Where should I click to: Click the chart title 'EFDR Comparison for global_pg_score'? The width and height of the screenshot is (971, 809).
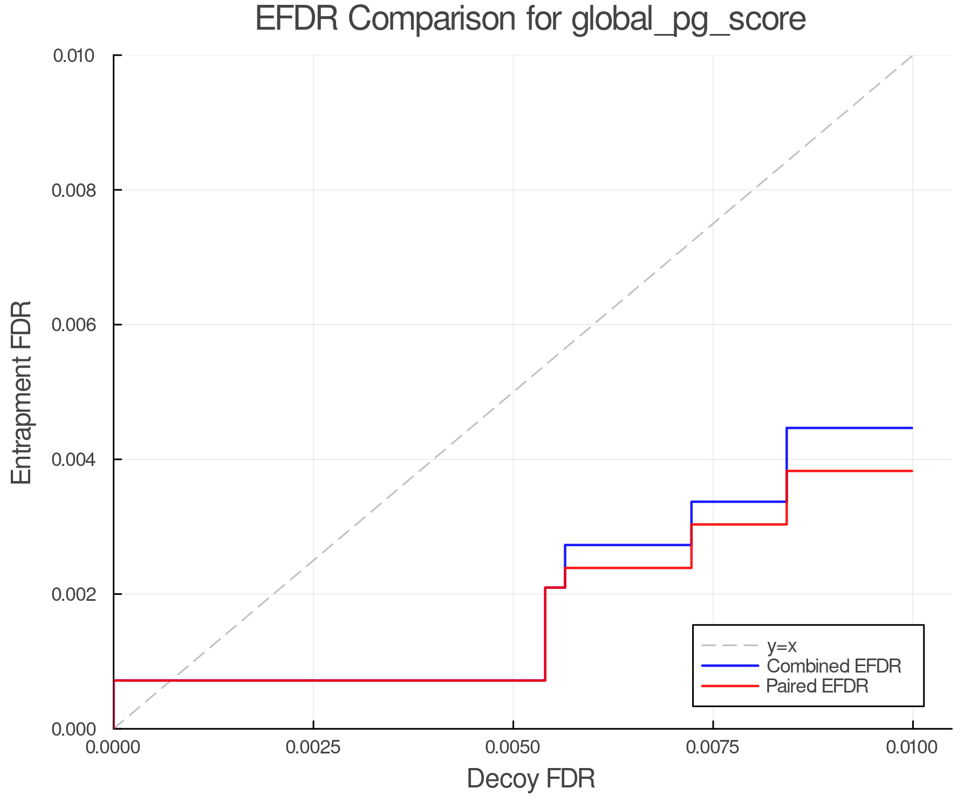coord(530,19)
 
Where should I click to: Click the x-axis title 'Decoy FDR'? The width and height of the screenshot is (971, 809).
coord(531,779)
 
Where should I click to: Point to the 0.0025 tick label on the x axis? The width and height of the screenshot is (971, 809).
coord(313,747)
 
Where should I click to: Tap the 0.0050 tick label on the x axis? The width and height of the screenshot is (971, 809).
coord(512,747)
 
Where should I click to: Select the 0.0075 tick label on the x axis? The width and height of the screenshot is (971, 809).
coord(713,747)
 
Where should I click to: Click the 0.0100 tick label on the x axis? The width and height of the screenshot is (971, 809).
coord(912,747)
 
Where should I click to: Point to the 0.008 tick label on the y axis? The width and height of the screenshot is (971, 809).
coord(79,190)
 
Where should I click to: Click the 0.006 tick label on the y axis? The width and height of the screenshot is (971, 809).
coord(79,325)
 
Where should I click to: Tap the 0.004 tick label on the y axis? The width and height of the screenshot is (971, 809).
coord(79,460)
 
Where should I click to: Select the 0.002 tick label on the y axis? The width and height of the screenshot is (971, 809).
coord(79,594)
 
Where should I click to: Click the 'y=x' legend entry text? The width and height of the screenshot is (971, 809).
coord(782,646)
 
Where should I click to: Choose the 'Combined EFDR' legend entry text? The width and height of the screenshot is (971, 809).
coord(833,666)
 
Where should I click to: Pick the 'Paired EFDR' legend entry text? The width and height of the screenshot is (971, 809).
coord(817,686)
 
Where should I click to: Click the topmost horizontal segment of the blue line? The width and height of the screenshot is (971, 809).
coord(850,428)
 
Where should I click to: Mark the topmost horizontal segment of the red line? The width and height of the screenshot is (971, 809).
coord(850,471)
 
